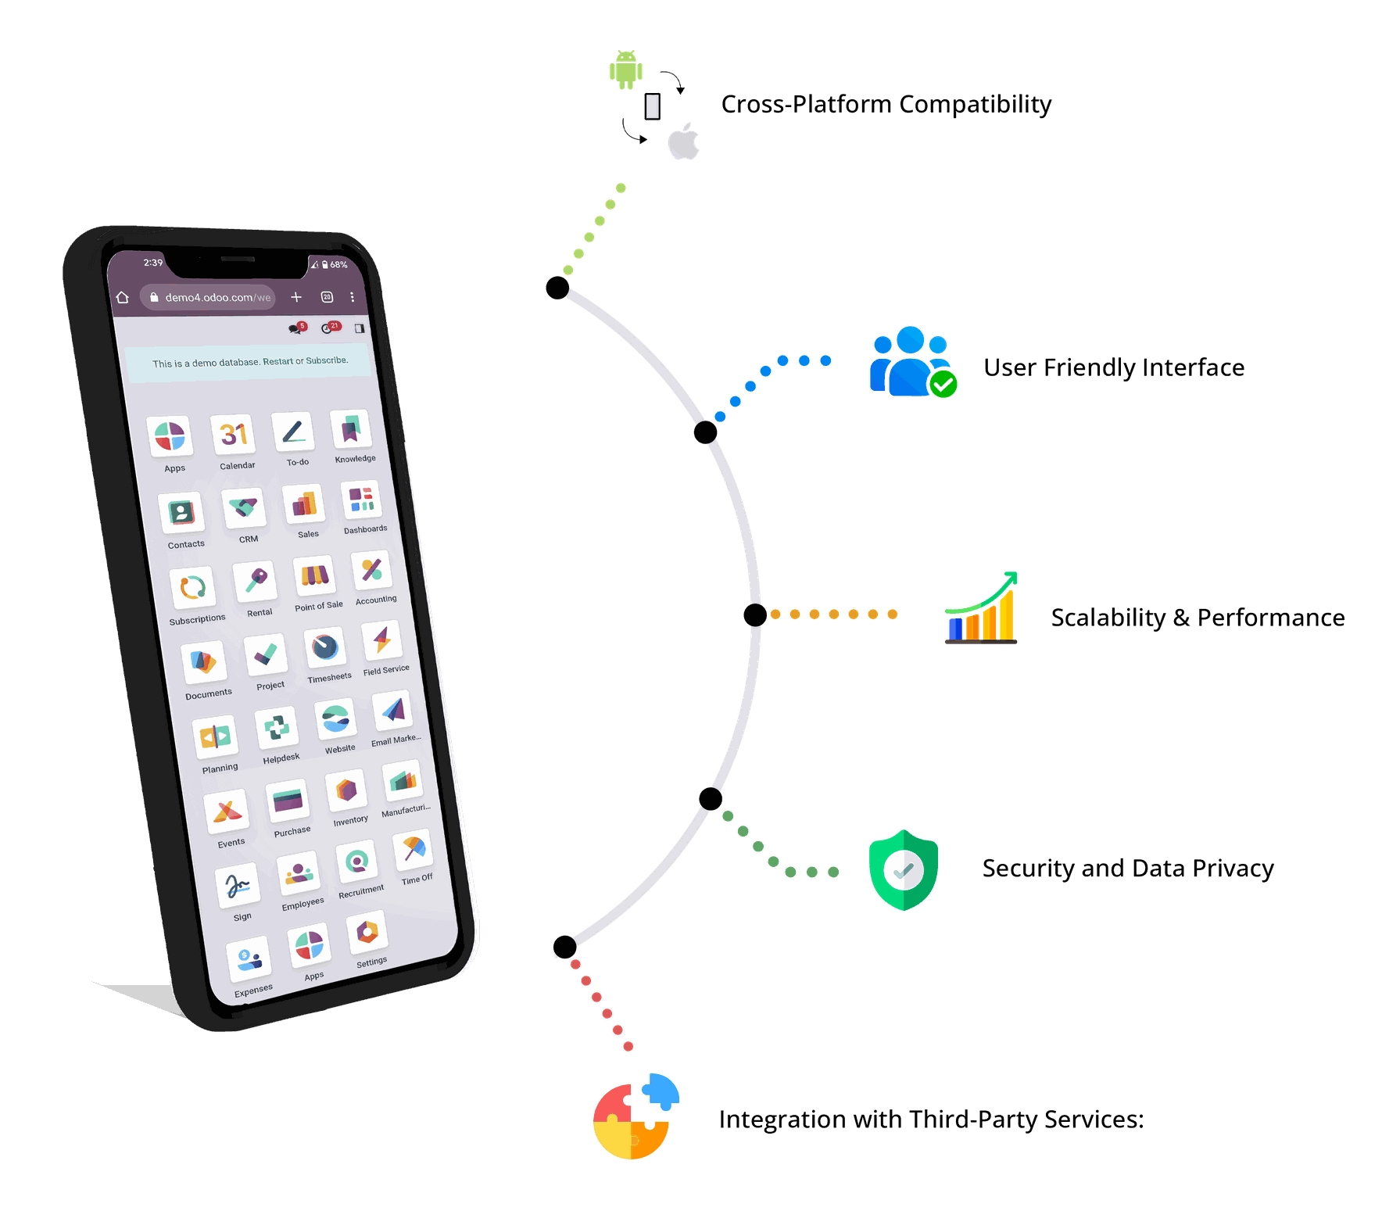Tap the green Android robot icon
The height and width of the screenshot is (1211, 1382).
[x=625, y=70]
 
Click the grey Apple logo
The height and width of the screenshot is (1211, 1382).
[x=683, y=141]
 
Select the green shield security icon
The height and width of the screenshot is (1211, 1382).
[x=904, y=870]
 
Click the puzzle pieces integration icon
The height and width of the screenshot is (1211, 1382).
[x=636, y=1116]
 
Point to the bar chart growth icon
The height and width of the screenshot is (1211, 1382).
[x=981, y=607]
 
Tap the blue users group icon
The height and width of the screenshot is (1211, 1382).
[x=913, y=362]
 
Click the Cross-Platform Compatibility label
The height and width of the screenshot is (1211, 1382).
[x=886, y=104]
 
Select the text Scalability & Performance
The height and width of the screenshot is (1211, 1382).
[x=1198, y=618]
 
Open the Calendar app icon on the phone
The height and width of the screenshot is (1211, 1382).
[x=233, y=435]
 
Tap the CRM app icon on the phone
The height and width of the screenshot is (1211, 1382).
[x=244, y=508]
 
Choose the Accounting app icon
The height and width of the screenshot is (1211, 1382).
[x=371, y=571]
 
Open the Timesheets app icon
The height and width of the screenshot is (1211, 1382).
[x=325, y=647]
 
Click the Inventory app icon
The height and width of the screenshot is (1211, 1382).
[x=346, y=791]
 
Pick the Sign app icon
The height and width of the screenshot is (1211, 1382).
[x=238, y=885]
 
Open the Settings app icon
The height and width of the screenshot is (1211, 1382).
[x=367, y=932]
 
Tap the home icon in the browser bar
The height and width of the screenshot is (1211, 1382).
[x=123, y=297]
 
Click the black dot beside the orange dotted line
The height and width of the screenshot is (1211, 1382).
[x=755, y=615]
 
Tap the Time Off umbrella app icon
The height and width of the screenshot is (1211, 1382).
[x=414, y=850]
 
